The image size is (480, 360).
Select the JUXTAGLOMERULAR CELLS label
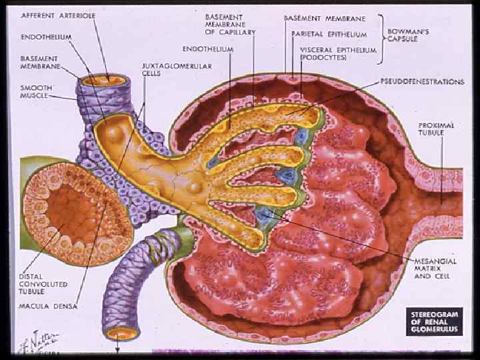coord(167,70)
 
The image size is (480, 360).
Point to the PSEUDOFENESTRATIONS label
coord(422,82)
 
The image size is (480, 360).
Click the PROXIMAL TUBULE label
coord(437,128)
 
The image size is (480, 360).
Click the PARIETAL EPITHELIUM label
coord(329,34)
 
